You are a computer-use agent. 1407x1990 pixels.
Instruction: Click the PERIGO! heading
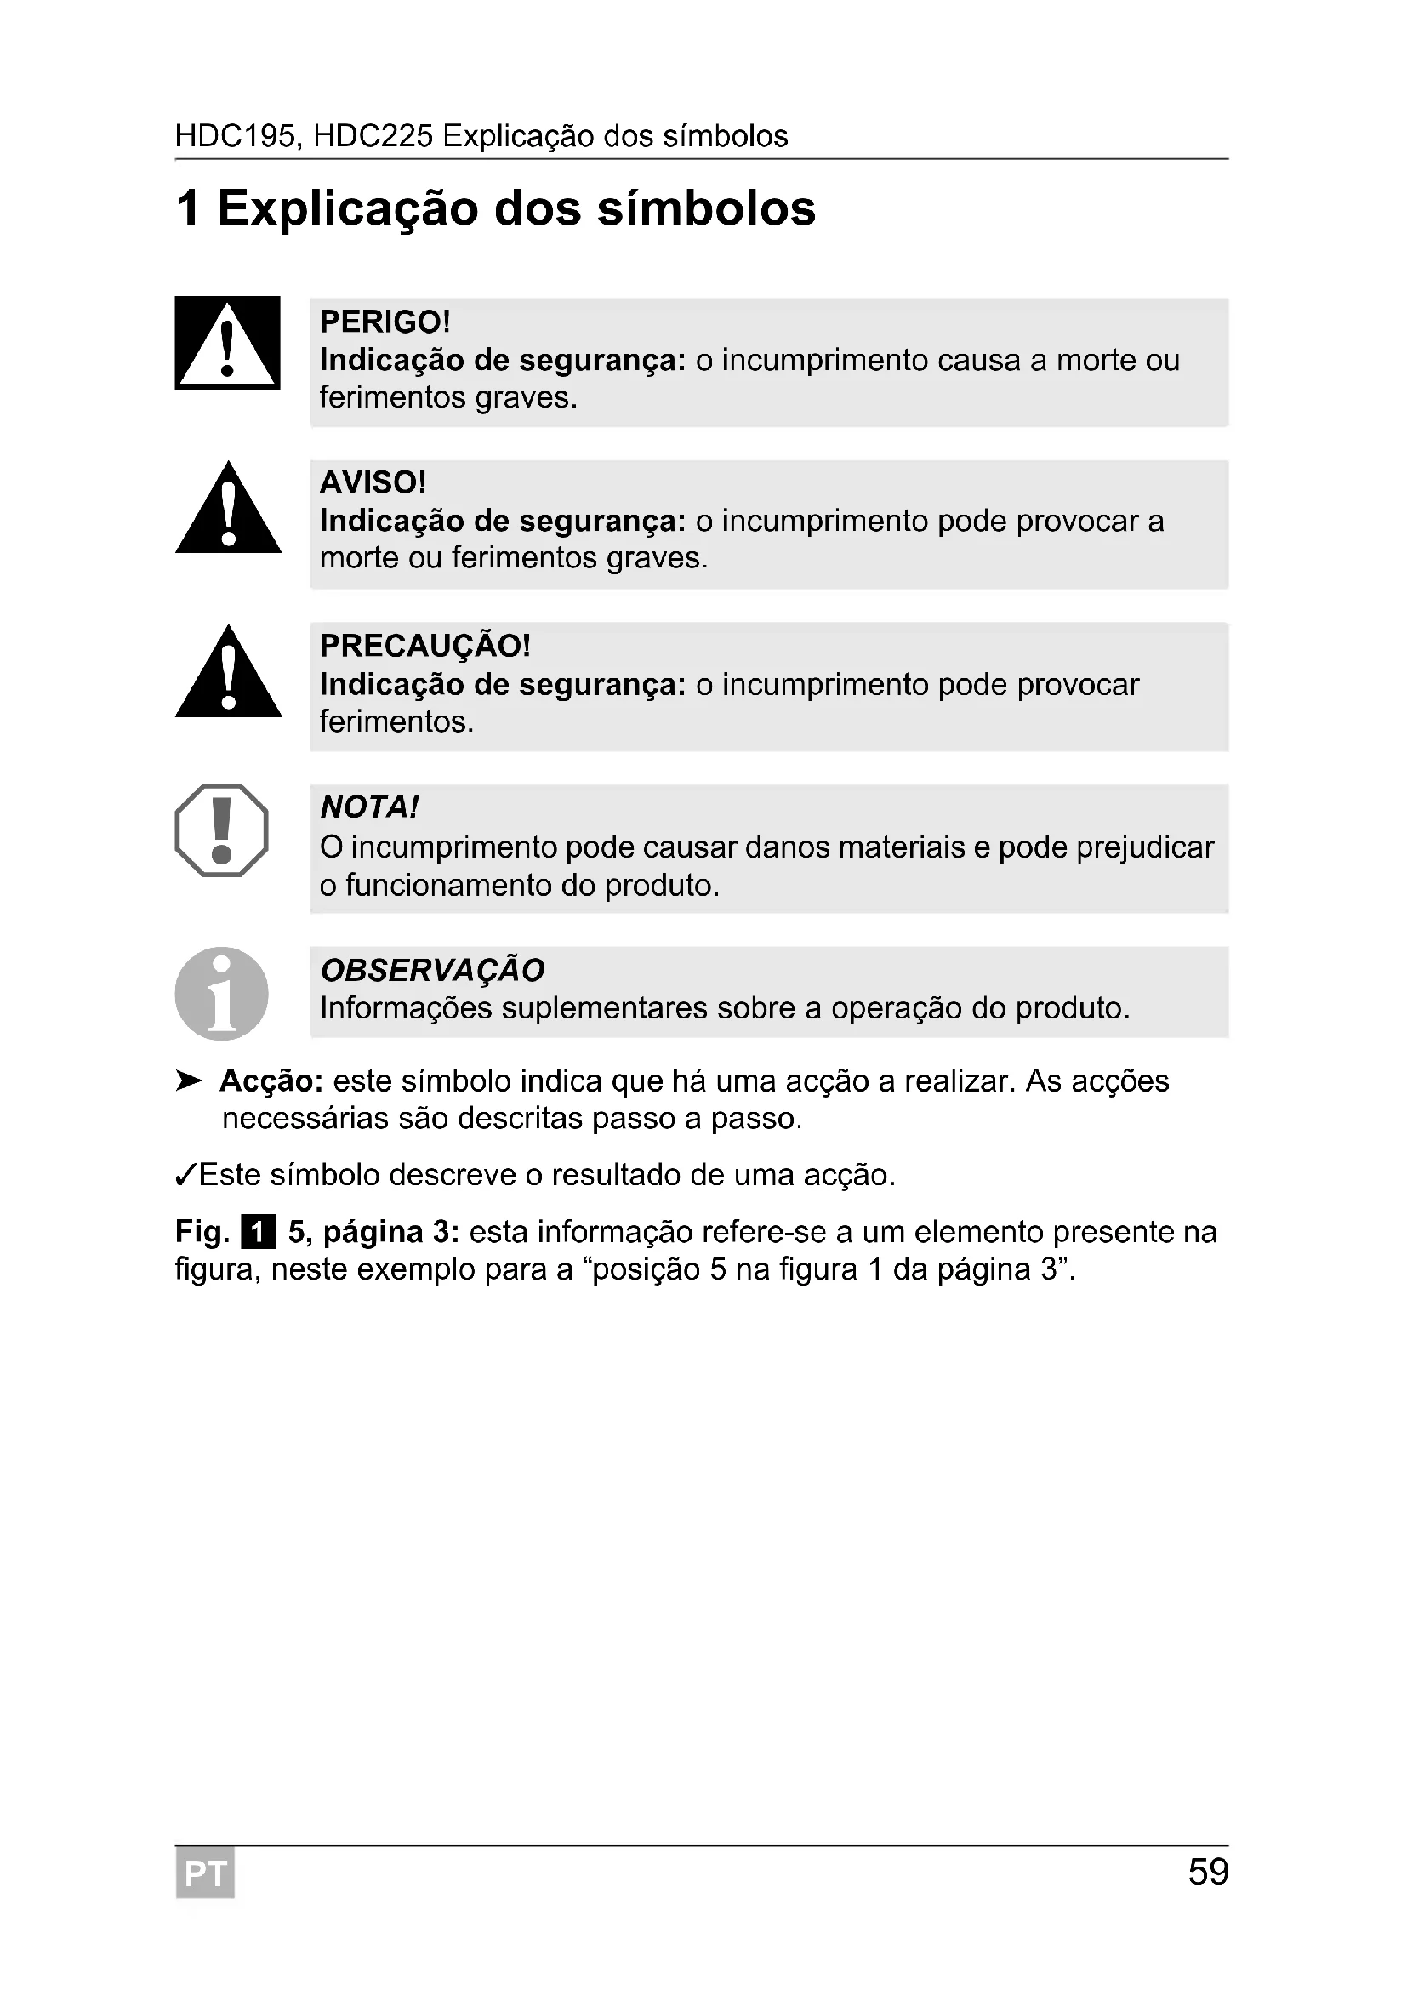click(385, 322)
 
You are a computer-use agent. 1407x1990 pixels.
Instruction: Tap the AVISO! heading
click(373, 482)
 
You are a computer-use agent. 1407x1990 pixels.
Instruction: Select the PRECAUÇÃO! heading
click(424, 645)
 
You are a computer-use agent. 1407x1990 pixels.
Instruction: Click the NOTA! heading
click(369, 807)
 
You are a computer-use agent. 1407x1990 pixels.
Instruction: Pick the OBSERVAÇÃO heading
click(432, 970)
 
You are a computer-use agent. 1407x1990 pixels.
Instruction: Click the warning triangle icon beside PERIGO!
click(227, 343)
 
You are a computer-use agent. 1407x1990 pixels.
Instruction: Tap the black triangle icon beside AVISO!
click(228, 510)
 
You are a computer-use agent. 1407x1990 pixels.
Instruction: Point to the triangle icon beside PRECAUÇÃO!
click(228, 673)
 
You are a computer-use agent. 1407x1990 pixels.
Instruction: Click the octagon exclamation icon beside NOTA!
click(222, 830)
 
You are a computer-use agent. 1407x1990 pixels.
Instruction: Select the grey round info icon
click(222, 993)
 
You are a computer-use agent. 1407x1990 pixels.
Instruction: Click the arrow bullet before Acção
click(188, 1081)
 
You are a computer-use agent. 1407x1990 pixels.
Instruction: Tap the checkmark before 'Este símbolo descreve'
click(185, 1175)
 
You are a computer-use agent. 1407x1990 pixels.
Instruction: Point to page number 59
click(1208, 1873)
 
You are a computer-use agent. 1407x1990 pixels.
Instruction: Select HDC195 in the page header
click(235, 136)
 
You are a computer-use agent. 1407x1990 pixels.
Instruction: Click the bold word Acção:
click(271, 1081)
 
